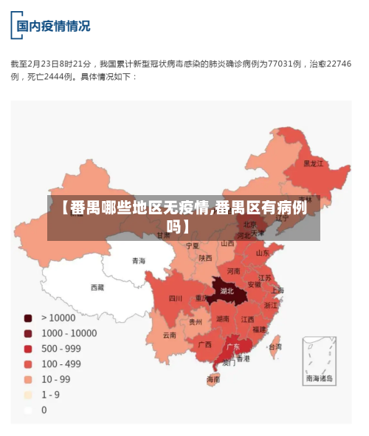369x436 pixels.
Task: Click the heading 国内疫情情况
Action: pyautogui.click(x=54, y=26)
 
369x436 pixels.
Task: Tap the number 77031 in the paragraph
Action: pyautogui.click(x=282, y=64)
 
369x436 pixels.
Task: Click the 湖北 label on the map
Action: pyautogui.click(x=227, y=290)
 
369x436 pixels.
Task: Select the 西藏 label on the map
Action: pyautogui.click(x=97, y=287)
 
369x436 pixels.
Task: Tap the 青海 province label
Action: pyautogui.click(x=139, y=261)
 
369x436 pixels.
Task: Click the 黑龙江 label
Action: pyautogui.click(x=314, y=163)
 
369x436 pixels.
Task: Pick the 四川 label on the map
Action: pyautogui.click(x=175, y=299)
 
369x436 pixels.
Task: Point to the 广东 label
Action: pyautogui.click(x=232, y=346)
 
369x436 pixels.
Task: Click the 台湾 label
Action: pyautogui.click(x=275, y=346)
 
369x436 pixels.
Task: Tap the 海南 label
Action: pyautogui.click(x=213, y=380)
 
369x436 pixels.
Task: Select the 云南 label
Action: pyautogui.click(x=170, y=335)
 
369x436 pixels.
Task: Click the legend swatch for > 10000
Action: pyautogui.click(x=28, y=318)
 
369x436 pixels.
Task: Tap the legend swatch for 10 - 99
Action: pyautogui.click(x=28, y=379)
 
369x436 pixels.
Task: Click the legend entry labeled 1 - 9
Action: pyautogui.click(x=50, y=395)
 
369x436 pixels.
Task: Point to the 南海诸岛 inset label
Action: pyautogui.click(x=320, y=378)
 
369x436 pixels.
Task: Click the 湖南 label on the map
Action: pyautogui.click(x=222, y=319)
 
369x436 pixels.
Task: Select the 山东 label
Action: pyautogui.click(x=262, y=253)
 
